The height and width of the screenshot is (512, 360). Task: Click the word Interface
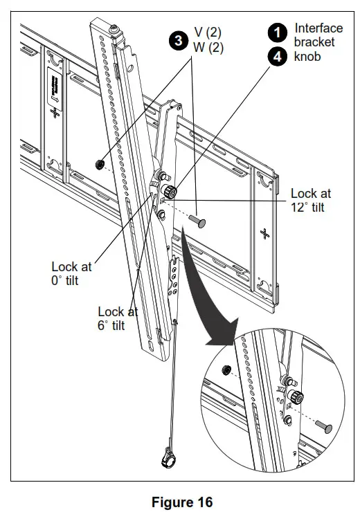point(318,28)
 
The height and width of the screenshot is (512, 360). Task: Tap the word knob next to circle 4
point(307,57)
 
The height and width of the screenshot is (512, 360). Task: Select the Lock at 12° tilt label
point(313,201)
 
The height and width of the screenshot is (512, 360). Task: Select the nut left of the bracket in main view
point(100,164)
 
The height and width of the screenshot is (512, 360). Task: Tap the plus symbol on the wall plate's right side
point(264,230)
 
